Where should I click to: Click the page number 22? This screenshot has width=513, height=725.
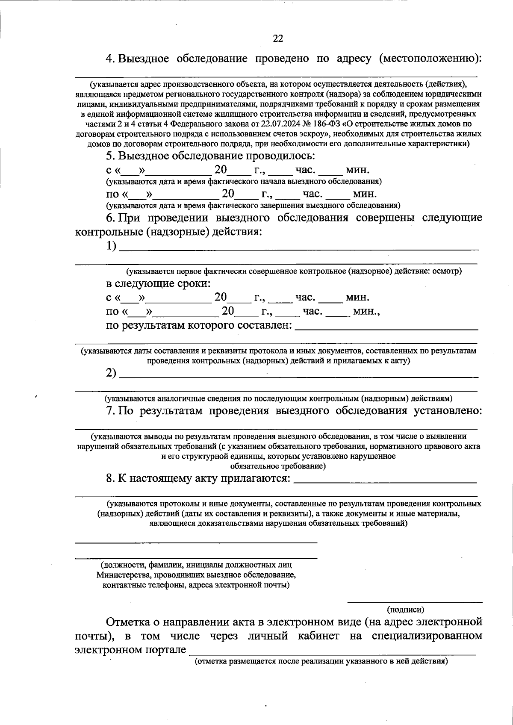point(278,38)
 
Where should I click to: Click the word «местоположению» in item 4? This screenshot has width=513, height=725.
point(431,59)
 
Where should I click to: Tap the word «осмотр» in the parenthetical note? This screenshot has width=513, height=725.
point(447,271)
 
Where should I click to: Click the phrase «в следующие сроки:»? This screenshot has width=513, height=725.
point(159,284)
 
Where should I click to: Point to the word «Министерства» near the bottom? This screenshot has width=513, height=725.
point(122,575)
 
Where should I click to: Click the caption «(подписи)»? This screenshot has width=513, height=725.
point(405,610)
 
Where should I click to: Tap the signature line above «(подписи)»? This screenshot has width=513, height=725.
point(414,602)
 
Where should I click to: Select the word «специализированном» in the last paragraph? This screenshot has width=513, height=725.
point(427,636)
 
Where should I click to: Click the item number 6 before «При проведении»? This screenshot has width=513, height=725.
point(110,218)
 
